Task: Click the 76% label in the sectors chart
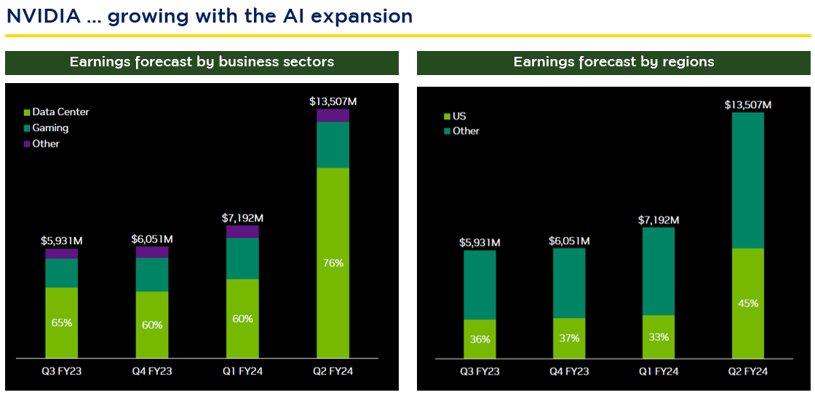click(333, 263)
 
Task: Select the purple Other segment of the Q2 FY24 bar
click(333, 115)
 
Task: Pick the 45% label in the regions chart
click(747, 303)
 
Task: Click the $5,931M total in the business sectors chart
click(61, 241)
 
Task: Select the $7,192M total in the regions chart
click(658, 220)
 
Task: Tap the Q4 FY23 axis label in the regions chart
click(569, 371)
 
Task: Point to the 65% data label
click(61, 322)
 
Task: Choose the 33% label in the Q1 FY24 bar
click(658, 337)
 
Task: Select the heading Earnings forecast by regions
click(613, 62)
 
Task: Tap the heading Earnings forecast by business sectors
click(202, 62)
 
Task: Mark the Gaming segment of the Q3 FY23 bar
click(61, 273)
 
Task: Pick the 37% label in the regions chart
click(569, 338)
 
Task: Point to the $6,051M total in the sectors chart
click(151, 239)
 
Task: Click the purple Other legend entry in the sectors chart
click(46, 144)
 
